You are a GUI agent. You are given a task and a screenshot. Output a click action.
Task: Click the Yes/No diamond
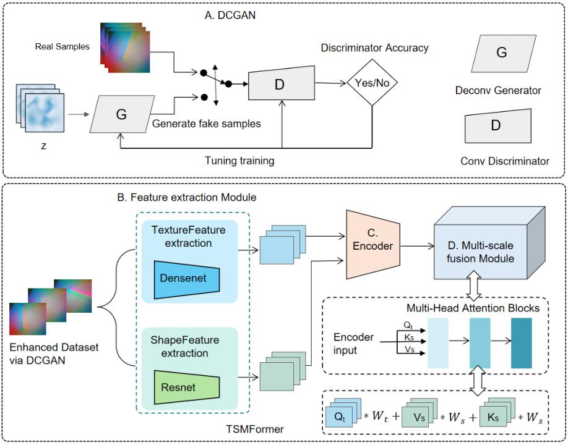point(372,83)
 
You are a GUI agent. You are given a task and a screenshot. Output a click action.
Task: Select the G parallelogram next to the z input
point(121,114)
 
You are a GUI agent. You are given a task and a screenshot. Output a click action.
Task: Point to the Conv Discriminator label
point(505,161)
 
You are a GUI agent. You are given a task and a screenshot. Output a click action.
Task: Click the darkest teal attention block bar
point(521,342)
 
